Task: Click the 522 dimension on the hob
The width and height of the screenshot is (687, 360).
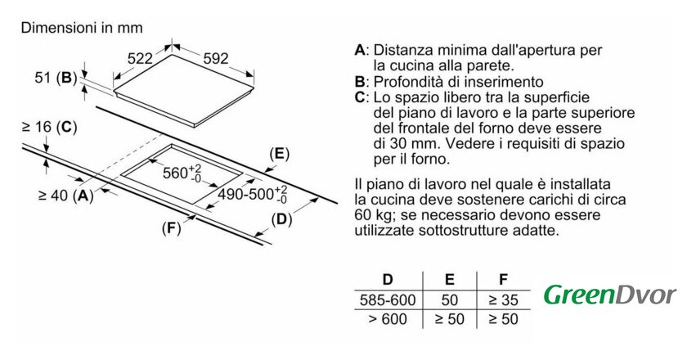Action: (140, 58)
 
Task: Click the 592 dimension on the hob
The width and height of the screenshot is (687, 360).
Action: (216, 58)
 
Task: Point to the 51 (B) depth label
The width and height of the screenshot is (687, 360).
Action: (56, 78)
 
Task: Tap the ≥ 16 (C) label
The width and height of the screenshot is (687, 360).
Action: (50, 127)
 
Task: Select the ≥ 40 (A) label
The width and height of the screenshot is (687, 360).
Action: (66, 196)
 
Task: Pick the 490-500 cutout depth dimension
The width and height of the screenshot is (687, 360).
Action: (253, 194)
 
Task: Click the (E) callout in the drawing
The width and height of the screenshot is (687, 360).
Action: (279, 154)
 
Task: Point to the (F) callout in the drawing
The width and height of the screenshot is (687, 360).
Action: (171, 227)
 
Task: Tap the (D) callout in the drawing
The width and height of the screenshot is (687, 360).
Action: (281, 219)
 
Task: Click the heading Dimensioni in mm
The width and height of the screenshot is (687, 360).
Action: (82, 28)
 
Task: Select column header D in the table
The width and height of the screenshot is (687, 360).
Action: (388, 279)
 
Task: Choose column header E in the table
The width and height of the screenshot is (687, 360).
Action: (450, 279)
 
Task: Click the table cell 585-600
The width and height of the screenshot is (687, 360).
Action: (388, 300)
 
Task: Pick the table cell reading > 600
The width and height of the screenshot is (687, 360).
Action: (388, 319)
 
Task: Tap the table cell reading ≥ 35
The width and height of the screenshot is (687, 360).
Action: (504, 300)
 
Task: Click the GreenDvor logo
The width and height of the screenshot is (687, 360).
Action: (610, 295)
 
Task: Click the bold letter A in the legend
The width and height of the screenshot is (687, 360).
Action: (360, 50)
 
